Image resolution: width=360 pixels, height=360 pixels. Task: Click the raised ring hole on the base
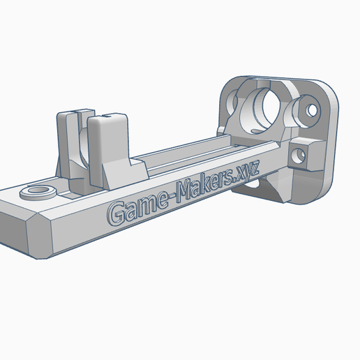click(38, 192)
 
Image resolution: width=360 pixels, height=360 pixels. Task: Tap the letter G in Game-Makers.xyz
click(116, 213)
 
